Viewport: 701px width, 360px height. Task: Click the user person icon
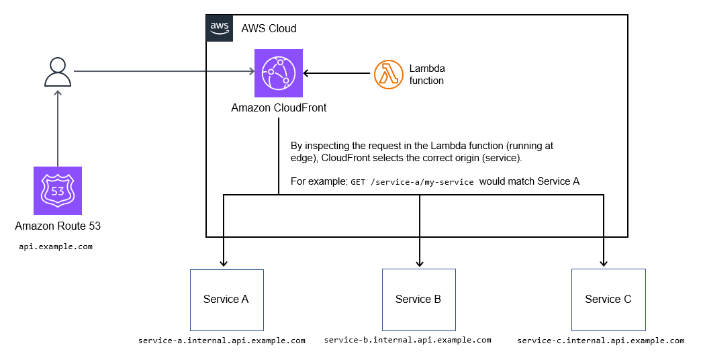click(x=58, y=72)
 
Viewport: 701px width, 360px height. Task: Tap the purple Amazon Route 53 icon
click(x=58, y=191)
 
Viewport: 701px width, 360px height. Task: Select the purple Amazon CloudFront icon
click(x=279, y=73)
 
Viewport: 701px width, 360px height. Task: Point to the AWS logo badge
click(x=220, y=28)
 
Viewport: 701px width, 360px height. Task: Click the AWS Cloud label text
click(x=269, y=29)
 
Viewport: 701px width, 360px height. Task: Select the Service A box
click(x=226, y=299)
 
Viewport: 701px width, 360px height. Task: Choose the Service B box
click(x=418, y=299)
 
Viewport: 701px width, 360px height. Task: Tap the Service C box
click(x=608, y=299)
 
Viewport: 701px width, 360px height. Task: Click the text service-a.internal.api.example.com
click(x=222, y=341)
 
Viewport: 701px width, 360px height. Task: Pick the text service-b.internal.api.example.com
click(x=408, y=340)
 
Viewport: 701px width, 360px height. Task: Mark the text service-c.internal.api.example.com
click(x=601, y=341)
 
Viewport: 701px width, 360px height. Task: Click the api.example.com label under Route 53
click(x=56, y=246)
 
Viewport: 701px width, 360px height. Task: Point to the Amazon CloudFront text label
click(x=279, y=107)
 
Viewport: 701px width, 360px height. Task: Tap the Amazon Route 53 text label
click(x=58, y=226)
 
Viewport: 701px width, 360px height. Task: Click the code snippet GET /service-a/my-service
click(x=412, y=182)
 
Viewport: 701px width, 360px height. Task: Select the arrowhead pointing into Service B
click(x=420, y=263)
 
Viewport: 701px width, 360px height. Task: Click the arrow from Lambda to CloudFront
click(x=338, y=74)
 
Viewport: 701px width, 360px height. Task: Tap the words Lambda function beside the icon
click(x=426, y=75)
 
